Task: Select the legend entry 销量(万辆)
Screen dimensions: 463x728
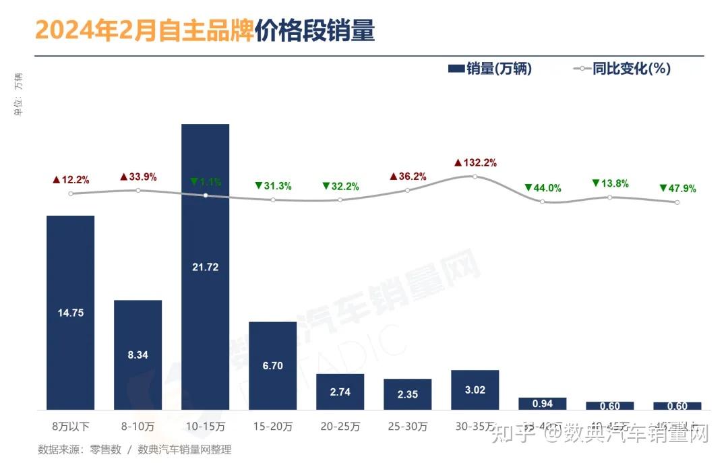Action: tap(489, 68)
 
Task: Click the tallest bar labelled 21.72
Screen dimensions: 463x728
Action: tap(205, 266)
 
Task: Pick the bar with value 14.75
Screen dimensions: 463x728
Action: tap(70, 312)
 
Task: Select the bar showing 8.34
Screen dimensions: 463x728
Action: tap(138, 354)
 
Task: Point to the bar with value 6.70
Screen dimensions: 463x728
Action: tap(272, 365)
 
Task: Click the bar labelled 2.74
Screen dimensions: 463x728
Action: tap(340, 392)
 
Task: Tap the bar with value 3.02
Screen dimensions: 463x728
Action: tap(475, 390)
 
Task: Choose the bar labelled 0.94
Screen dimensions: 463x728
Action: tap(542, 404)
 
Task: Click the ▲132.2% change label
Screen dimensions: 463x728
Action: tap(475, 162)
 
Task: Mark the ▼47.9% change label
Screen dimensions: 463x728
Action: tap(677, 188)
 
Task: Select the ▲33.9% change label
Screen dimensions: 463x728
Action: tap(138, 177)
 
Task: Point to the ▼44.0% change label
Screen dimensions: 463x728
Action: tap(543, 188)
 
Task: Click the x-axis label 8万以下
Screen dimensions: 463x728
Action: tap(70, 427)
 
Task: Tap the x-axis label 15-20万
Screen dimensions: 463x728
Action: tap(272, 427)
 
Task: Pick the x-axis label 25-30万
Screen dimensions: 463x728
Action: tap(407, 427)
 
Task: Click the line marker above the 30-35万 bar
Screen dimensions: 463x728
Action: tap(475, 177)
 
